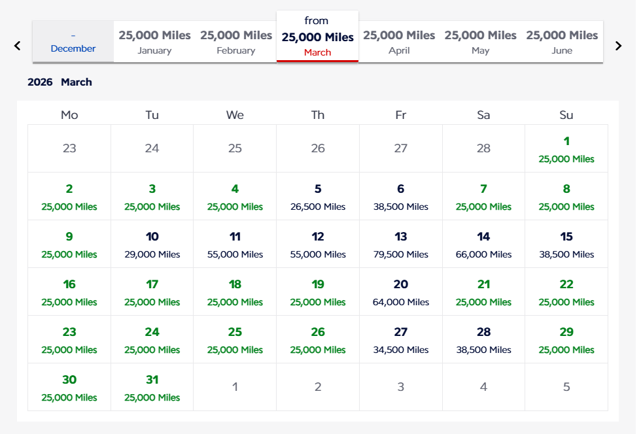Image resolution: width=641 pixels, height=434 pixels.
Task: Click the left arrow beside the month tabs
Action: click(x=18, y=46)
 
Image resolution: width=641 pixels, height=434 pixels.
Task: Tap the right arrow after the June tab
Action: click(x=618, y=46)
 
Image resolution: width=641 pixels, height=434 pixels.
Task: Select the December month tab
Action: click(x=73, y=42)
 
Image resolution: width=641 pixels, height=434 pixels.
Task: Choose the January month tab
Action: click(x=154, y=42)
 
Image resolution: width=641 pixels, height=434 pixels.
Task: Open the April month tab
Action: click(x=399, y=42)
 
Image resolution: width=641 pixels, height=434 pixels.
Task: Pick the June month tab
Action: click(x=562, y=42)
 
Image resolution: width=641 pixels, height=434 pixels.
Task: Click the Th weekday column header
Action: click(x=318, y=115)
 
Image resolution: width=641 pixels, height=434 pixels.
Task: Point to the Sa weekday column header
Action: click(x=483, y=115)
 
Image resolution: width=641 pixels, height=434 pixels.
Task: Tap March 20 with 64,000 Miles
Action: click(x=401, y=292)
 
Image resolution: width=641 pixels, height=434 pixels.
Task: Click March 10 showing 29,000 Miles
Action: click(x=152, y=244)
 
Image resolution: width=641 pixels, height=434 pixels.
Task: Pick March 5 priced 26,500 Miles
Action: click(x=318, y=196)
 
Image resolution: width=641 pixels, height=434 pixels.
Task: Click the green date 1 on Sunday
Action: click(x=566, y=148)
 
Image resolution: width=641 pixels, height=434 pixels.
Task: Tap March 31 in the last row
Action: click(x=152, y=387)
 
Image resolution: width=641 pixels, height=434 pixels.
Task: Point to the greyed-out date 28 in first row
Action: click(x=483, y=148)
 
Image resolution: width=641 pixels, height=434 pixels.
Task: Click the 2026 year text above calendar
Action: click(x=40, y=82)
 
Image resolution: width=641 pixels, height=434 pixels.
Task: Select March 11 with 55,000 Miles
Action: click(x=235, y=244)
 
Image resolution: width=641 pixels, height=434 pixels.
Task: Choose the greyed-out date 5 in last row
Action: click(x=566, y=387)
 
